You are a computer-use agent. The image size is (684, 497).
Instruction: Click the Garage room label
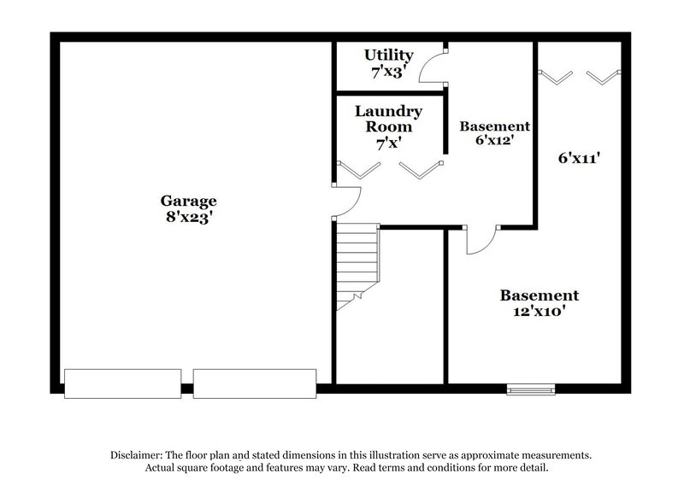(188, 201)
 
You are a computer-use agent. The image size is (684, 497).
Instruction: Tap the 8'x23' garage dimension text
(188, 217)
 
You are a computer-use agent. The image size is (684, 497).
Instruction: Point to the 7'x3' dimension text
(389, 72)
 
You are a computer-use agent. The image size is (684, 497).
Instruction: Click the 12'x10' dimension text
(540, 312)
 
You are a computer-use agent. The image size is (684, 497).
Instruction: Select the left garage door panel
(123, 383)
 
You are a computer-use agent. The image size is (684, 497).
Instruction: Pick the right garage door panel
(255, 383)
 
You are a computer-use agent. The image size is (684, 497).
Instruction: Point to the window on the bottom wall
(525, 389)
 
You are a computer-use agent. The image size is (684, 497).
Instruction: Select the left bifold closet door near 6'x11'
(558, 77)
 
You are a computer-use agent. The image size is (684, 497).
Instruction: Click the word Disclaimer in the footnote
(142, 455)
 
